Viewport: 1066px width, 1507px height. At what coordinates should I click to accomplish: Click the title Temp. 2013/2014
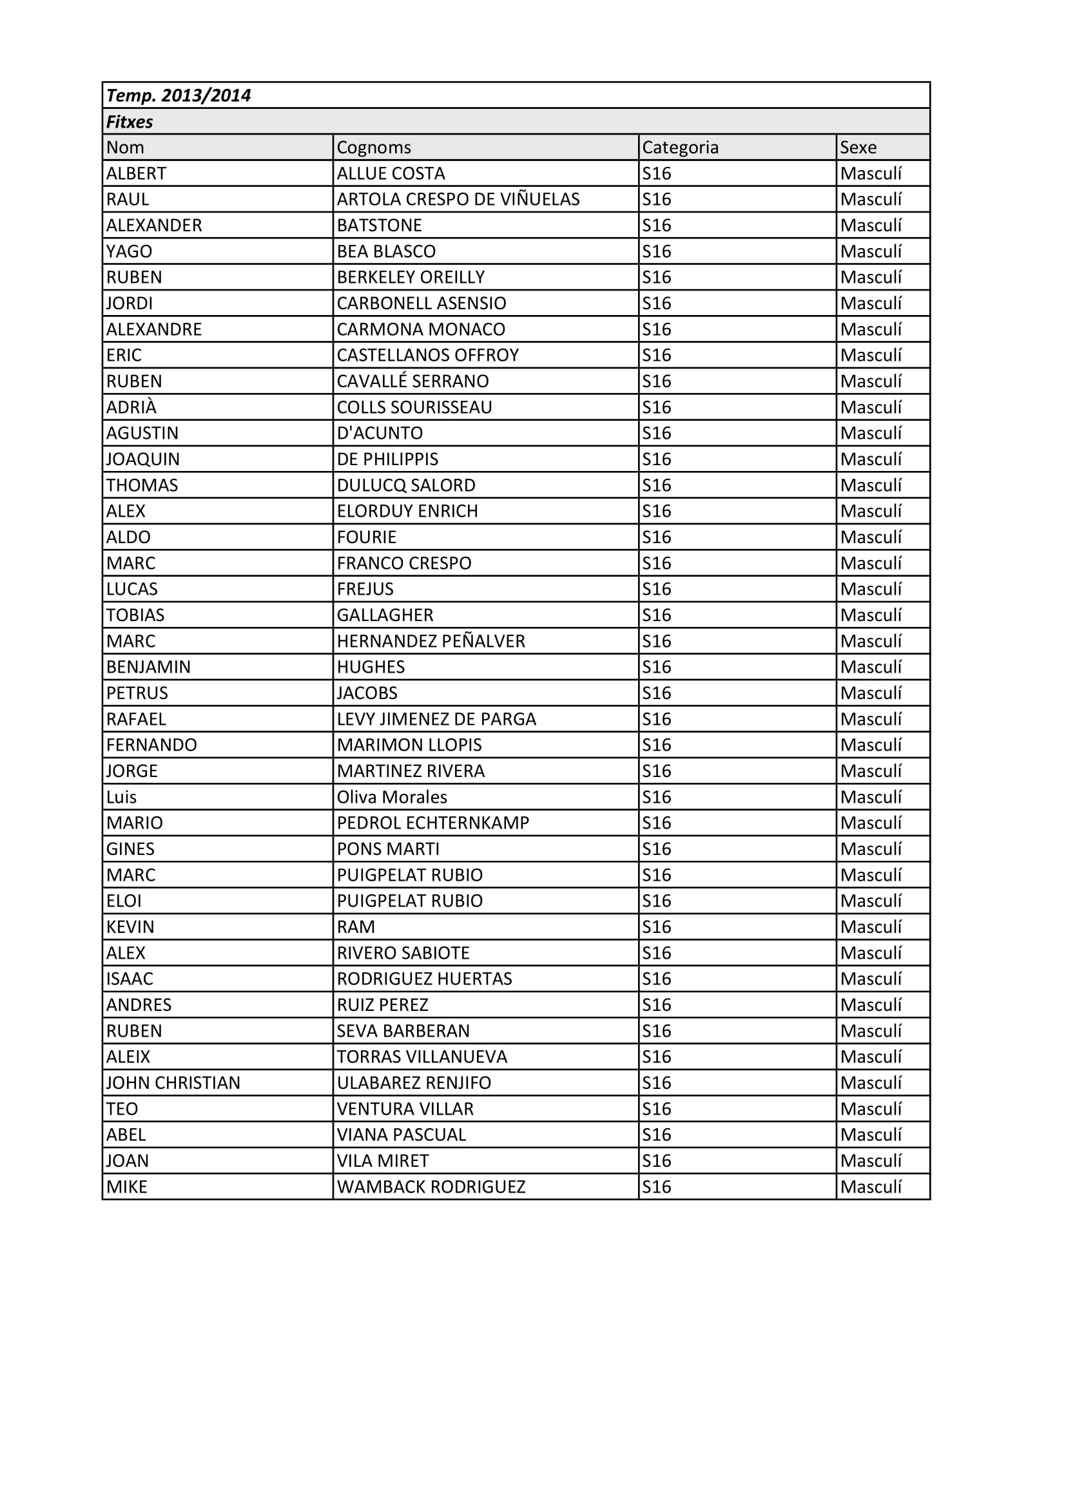[179, 96]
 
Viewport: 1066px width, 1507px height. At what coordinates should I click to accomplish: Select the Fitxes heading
[130, 122]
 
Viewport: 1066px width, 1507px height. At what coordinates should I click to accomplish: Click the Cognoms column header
[374, 148]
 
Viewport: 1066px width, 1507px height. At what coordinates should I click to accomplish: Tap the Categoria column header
[680, 148]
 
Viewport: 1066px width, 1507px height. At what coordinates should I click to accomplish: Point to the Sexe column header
[858, 148]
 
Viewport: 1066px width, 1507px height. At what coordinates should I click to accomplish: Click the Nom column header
[126, 148]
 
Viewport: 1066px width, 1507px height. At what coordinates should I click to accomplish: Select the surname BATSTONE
[380, 226]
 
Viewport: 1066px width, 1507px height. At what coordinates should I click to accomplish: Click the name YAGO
[130, 251]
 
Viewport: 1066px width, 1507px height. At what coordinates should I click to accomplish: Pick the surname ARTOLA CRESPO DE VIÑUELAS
[458, 200]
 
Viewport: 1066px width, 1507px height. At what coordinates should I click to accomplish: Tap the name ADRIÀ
[131, 408]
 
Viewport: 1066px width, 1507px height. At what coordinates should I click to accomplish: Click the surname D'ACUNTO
[380, 433]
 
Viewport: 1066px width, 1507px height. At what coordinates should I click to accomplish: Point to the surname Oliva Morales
[392, 798]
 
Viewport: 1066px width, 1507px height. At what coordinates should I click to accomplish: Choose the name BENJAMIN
[148, 667]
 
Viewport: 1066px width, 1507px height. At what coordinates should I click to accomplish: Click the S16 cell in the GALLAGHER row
[656, 616]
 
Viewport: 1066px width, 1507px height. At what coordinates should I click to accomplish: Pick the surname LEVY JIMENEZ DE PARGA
[436, 720]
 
